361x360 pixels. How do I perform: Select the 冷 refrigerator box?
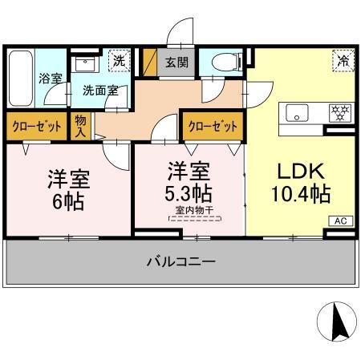pyautogui.click(x=343, y=60)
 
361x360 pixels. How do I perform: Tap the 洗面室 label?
pyautogui.click(x=100, y=91)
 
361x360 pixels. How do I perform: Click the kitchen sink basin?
pyautogui.click(x=298, y=114)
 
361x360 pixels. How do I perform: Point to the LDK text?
pyautogui.click(x=299, y=171)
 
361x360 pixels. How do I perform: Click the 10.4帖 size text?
pyautogui.click(x=299, y=194)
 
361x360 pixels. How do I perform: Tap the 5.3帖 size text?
pyautogui.click(x=188, y=194)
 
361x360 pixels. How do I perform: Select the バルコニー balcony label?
pyautogui.click(x=181, y=261)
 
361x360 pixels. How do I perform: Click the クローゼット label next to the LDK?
pyautogui.click(x=213, y=126)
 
